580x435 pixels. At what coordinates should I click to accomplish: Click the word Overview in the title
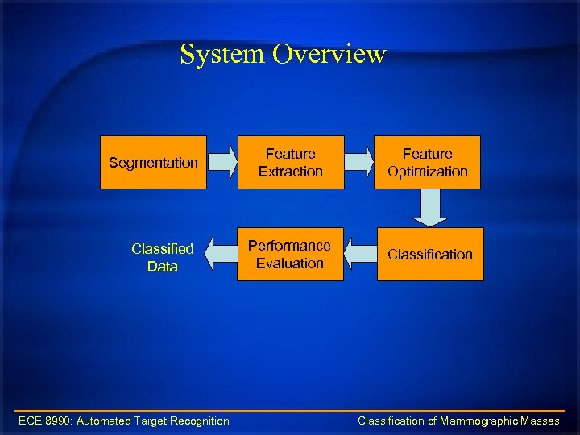point(329,55)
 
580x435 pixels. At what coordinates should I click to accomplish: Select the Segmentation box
point(153,162)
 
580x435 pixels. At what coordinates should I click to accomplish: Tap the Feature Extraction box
point(290,162)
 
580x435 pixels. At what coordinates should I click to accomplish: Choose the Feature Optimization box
point(427,162)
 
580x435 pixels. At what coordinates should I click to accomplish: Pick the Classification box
point(430,254)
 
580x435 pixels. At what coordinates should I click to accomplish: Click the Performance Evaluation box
point(289,254)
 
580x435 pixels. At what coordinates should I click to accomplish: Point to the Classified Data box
point(162,257)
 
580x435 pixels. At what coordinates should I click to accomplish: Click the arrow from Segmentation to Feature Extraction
point(222,162)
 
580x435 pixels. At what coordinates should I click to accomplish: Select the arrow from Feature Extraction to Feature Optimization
point(358,162)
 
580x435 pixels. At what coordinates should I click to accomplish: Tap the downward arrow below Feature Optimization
point(431,208)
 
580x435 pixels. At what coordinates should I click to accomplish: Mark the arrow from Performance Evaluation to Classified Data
point(220,254)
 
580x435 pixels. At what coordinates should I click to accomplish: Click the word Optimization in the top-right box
point(427,172)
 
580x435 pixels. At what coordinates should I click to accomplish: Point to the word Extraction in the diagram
point(290,172)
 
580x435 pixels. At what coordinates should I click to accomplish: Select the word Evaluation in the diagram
point(289,263)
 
